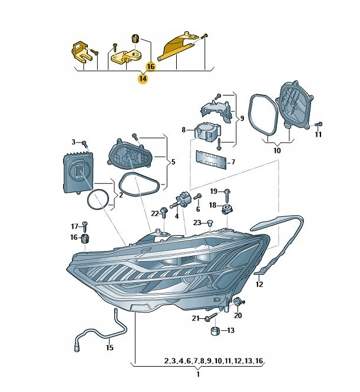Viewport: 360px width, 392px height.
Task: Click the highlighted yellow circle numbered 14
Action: pos(143,78)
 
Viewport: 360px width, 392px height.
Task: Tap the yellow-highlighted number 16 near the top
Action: pos(150,67)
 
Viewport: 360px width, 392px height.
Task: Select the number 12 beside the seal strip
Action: pos(259,284)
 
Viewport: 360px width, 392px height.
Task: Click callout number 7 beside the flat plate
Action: pos(233,162)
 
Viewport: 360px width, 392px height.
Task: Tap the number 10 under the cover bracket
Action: pos(277,150)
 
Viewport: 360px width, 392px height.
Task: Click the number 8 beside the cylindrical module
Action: pos(184,130)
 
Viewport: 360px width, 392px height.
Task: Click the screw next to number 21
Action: pos(209,319)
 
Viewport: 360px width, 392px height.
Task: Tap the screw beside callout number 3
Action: pos(85,143)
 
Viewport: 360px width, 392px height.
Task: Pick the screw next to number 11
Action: pos(318,124)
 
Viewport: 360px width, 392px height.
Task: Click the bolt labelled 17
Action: pos(85,226)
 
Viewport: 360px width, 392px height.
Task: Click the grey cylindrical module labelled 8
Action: pos(206,131)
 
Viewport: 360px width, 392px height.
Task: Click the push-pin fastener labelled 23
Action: pos(211,223)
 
